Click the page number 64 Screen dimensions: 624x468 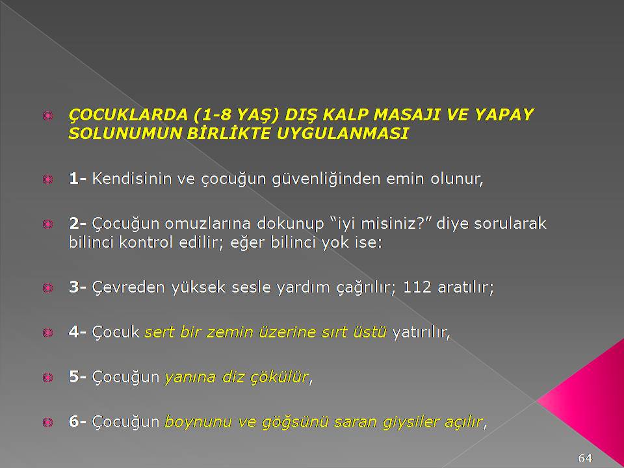[584, 458]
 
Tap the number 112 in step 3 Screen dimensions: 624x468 [417, 287]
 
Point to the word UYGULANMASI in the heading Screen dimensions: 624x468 [343, 133]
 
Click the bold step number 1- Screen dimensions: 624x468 [77, 179]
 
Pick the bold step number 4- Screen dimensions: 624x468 [77, 331]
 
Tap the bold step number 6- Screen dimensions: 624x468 [77, 421]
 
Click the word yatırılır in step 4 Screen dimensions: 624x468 [421, 332]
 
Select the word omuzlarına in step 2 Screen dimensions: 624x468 [208, 224]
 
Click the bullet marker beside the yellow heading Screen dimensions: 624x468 [47, 116]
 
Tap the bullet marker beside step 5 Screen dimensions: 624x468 [47, 377]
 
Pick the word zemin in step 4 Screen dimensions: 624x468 [229, 332]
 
